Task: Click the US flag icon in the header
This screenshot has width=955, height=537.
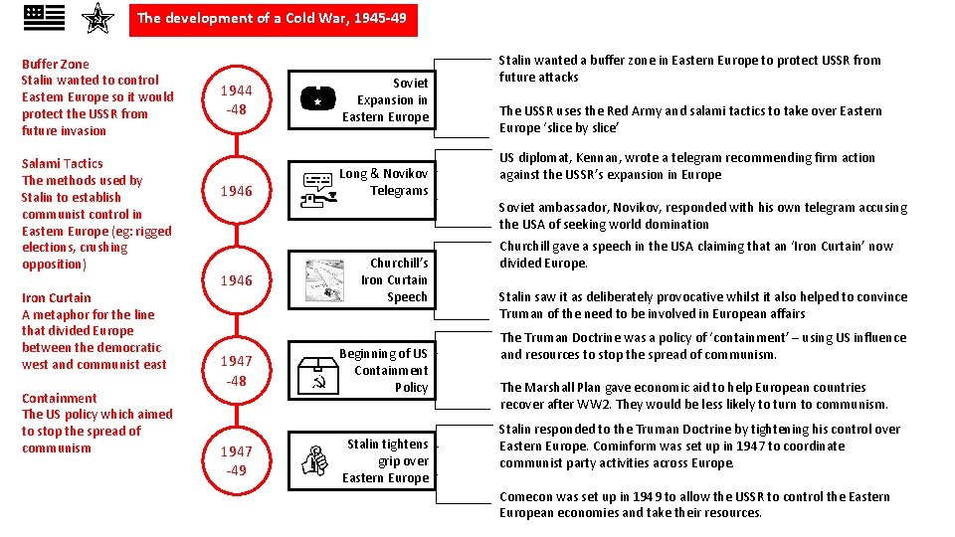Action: (44, 17)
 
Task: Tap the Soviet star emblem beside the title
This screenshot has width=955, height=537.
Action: (96, 18)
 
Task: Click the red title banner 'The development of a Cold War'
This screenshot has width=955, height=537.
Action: (273, 19)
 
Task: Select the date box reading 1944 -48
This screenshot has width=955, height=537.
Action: (237, 100)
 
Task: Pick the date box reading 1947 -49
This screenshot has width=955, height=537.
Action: (237, 460)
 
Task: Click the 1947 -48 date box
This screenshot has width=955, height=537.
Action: (237, 370)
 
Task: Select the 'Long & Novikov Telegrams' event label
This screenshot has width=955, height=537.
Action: (384, 182)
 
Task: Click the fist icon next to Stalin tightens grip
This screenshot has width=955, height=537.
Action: (315, 460)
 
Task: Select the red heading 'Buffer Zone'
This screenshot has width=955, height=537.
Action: (55, 65)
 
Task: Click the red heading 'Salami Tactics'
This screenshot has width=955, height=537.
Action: (62, 163)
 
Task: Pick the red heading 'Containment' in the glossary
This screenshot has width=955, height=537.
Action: (60, 398)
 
